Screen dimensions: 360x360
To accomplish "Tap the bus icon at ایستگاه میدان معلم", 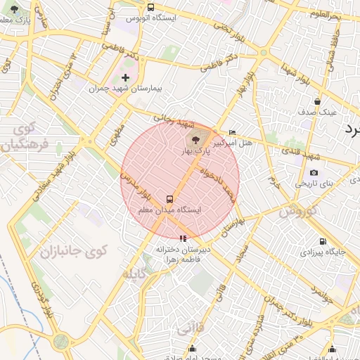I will click(169, 199).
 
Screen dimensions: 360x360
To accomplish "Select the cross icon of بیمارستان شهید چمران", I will click(126, 78).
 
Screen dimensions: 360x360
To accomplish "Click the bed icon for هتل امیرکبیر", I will click(233, 133).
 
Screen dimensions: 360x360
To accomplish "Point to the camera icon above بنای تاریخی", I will click(314, 172).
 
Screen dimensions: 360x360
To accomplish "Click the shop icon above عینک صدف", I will click(318, 101).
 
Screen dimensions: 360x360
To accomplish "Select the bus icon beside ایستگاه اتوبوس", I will click(150, 7).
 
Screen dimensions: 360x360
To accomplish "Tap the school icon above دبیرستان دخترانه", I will click(183, 238).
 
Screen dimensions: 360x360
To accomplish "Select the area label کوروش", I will click(299, 210).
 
